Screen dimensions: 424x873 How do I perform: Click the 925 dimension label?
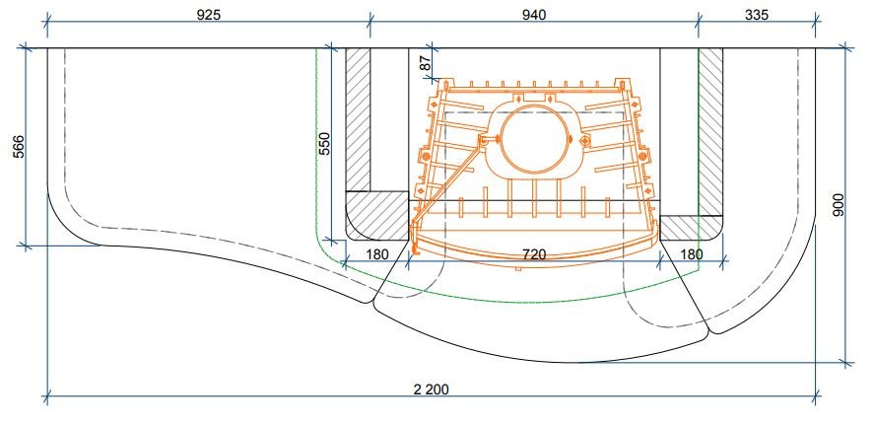point(209,16)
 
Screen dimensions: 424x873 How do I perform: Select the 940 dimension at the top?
point(533,15)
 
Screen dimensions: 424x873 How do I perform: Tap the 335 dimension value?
point(757,15)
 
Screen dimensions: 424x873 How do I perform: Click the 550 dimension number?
point(324,143)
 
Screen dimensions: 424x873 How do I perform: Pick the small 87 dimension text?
point(426,62)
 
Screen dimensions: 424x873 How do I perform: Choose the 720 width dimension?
point(533,255)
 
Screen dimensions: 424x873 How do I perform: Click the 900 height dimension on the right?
point(839,205)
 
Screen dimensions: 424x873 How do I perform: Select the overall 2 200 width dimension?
point(432,389)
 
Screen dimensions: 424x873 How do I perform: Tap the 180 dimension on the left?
point(377,255)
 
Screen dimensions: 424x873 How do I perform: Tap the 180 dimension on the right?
point(692,255)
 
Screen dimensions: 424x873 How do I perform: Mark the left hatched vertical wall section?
point(359,118)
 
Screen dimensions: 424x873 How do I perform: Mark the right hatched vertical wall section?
point(709,128)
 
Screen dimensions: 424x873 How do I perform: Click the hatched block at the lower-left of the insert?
point(378,216)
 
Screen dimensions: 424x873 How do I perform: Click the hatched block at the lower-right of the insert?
point(690,228)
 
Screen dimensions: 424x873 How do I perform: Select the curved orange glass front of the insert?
point(533,242)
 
